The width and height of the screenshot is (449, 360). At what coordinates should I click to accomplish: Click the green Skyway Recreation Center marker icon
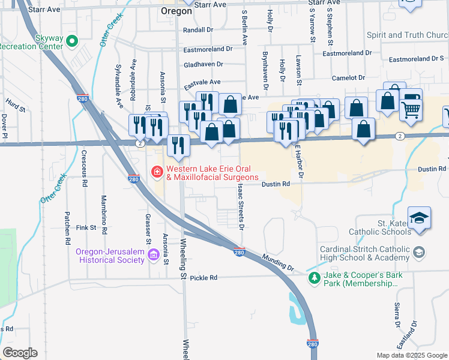click(72, 41)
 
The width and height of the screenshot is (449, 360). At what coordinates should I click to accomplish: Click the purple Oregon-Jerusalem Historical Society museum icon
click(154, 256)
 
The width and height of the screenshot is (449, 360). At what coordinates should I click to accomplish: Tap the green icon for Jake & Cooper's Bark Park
click(313, 278)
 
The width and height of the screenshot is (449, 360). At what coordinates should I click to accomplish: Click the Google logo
click(20, 353)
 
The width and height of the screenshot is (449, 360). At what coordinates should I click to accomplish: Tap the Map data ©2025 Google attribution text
click(411, 355)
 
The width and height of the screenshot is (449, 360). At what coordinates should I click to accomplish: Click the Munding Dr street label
click(278, 262)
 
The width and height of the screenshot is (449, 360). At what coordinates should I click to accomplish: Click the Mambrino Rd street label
click(104, 214)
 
